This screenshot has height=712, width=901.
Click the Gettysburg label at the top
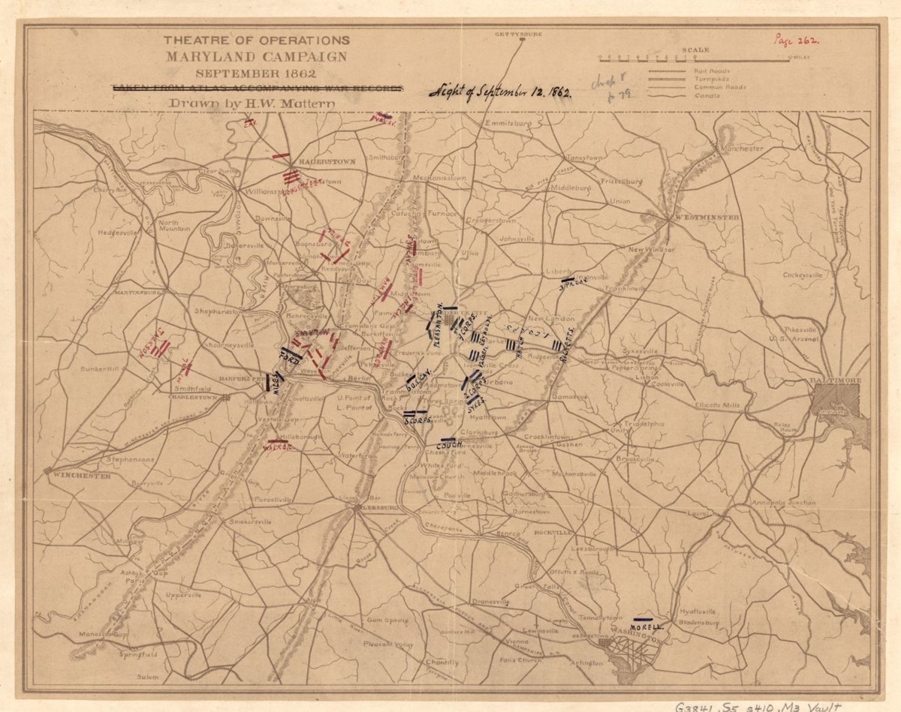[x=514, y=35]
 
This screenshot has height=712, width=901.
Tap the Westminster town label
[x=707, y=218]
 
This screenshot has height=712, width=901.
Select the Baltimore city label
[x=836, y=381]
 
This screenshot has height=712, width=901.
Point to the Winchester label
[x=74, y=473]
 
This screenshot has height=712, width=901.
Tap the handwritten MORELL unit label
[x=646, y=626]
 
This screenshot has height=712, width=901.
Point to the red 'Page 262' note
[x=797, y=42]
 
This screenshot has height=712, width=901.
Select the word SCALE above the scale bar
[x=695, y=50]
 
